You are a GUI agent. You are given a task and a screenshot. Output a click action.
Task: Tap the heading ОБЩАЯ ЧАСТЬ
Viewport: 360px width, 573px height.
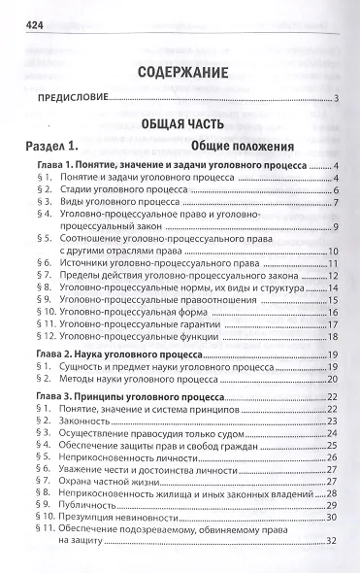[180, 123]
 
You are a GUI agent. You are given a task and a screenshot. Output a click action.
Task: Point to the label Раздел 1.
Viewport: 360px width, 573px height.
[55, 146]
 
